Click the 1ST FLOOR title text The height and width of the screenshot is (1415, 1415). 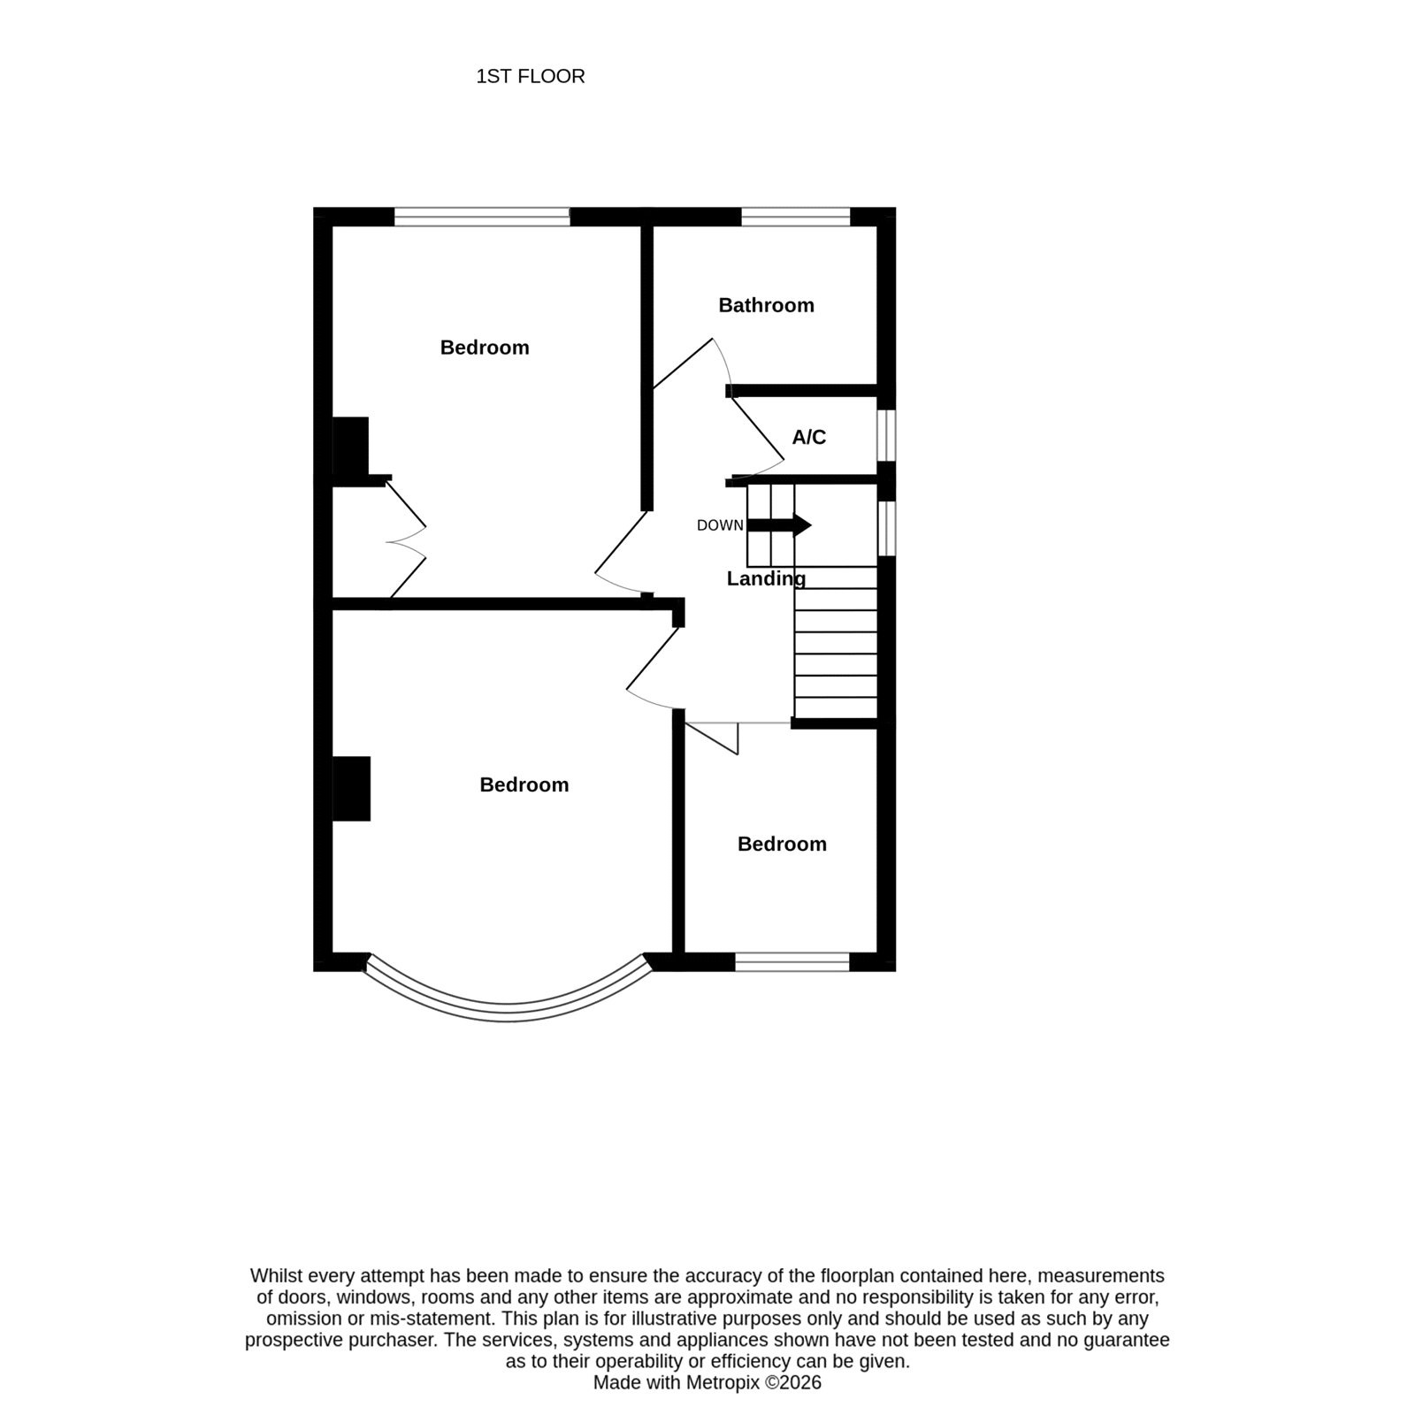tap(531, 77)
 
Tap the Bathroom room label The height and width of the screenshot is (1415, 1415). tap(766, 305)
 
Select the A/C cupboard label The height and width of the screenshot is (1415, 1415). tap(808, 437)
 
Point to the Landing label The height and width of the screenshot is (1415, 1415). tap(766, 578)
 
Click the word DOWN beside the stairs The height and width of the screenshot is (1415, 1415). tap(720, 525)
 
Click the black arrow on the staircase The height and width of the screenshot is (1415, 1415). tap(779, 525)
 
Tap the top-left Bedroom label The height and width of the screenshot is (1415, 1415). tap(485, 348)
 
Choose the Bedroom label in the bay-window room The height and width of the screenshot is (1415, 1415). tap(524, 784)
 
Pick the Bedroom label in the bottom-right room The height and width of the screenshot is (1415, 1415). tap(782, 844)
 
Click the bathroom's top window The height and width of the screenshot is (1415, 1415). tap(795, 217)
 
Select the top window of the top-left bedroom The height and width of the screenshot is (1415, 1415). tap(482, 217)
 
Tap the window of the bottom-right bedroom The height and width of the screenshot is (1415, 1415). tap(792, 962)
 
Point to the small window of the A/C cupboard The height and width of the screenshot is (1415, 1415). tap(886, 434)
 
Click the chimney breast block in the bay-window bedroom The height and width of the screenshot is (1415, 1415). tap(351, 789)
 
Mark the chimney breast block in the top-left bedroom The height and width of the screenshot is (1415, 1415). tap(350, 447)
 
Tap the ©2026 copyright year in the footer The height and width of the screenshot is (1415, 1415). tap(793, 1382)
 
